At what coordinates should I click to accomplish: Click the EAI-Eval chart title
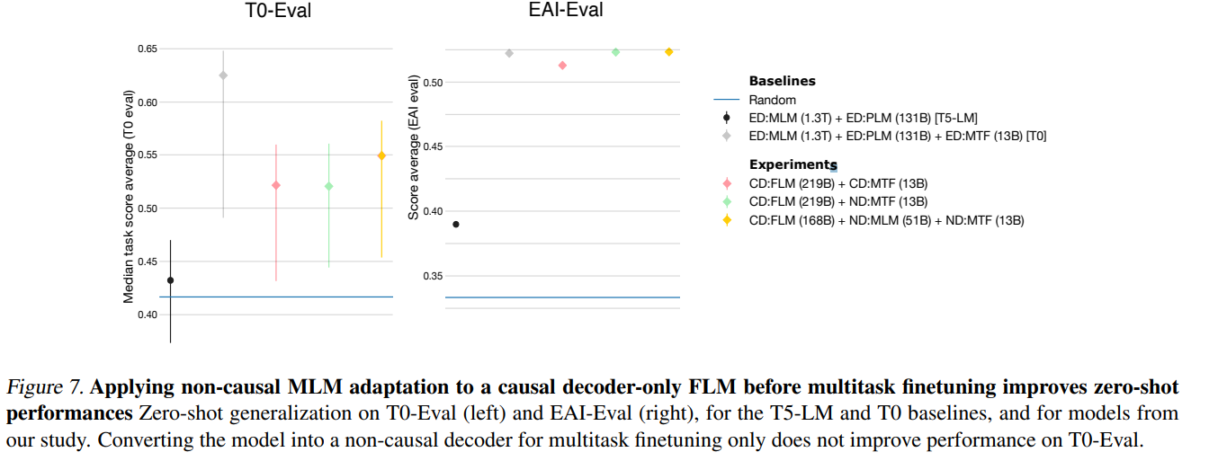[565, 12]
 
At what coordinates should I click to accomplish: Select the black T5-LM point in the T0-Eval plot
[170, 280]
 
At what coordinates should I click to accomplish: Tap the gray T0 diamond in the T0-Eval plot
[223, 75]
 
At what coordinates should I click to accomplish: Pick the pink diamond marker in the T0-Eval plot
[276, 185]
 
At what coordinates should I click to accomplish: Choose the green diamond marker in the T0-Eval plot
[328, 186]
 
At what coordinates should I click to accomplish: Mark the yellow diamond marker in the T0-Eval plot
[381, 155]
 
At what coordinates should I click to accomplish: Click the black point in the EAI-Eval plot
[455, 225]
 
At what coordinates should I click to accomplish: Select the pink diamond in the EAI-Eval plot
[562, 66]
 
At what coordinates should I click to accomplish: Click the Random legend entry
[772, 100]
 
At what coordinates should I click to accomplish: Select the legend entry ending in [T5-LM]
[863, 118]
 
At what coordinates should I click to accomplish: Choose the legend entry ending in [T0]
[897, 136]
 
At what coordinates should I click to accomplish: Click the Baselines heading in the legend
[782, 81]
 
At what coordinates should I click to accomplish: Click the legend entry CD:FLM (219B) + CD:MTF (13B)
[838, 183]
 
